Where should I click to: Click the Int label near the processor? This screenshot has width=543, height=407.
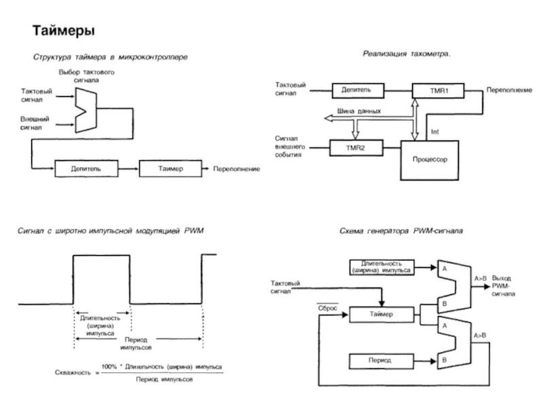click(435, 131)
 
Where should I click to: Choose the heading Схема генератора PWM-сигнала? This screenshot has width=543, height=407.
click(400, 231)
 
